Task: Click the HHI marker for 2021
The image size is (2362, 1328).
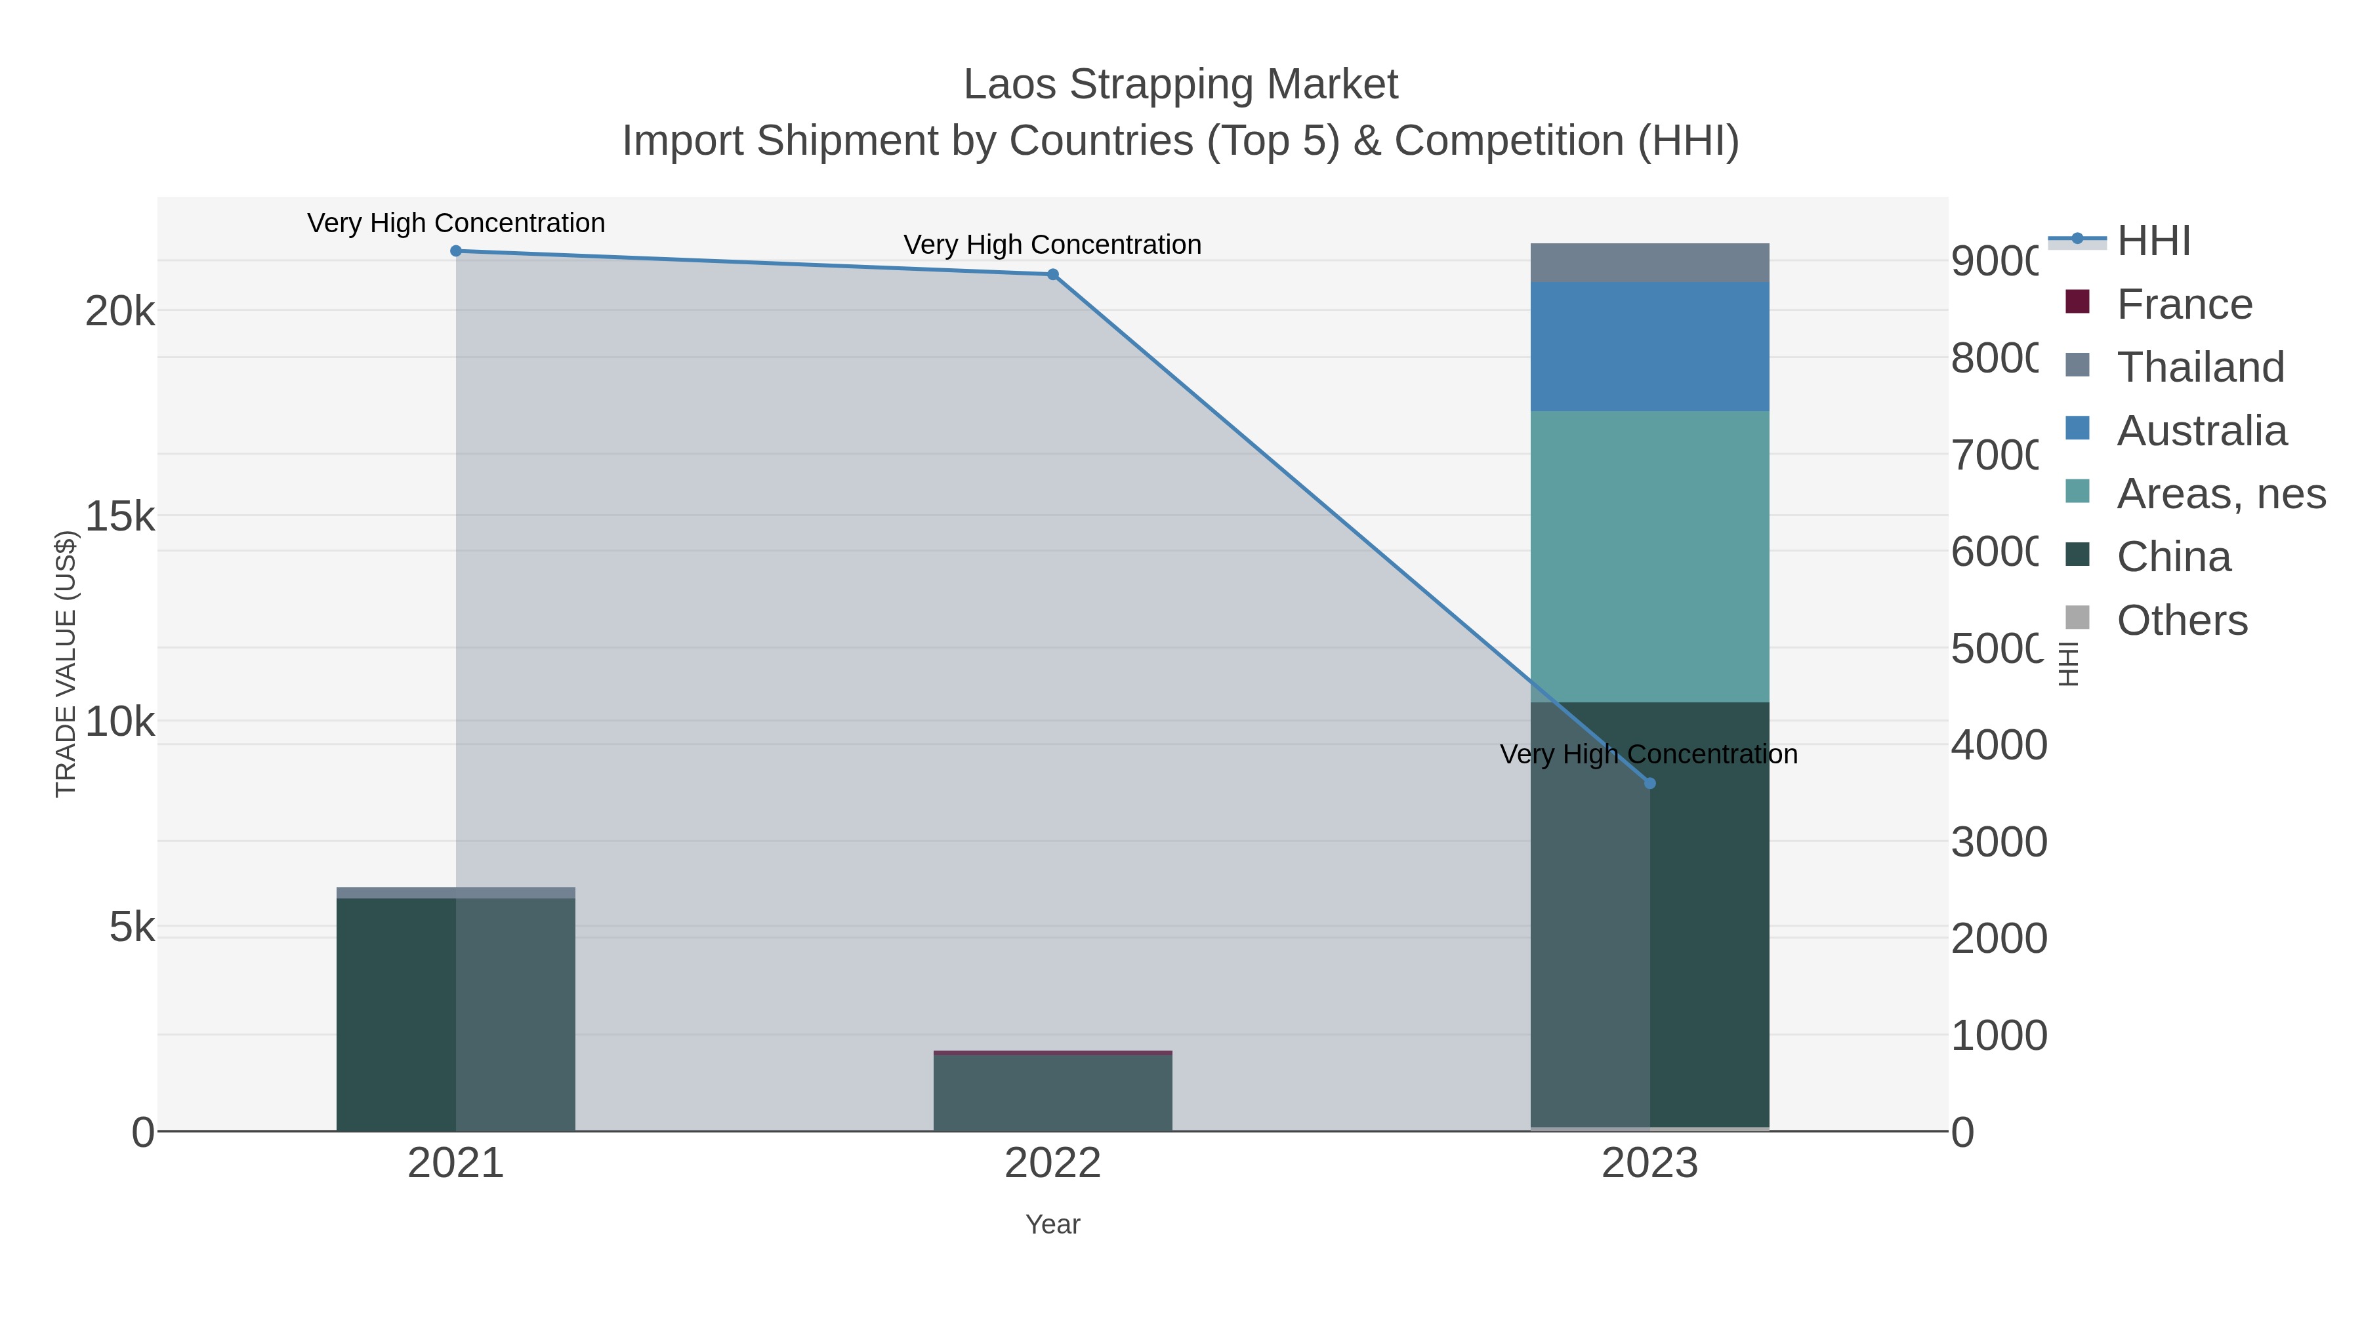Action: click(x=456, y=251)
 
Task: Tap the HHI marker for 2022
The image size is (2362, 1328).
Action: click(x=1052, y=275)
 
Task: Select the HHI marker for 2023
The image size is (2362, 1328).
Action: click(x=1649, y=784)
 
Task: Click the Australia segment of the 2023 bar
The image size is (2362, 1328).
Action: click(x=1649, y=346)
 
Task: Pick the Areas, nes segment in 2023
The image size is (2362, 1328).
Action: click(x=1649, y=556)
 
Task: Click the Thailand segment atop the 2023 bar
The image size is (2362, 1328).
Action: click(x=1649, y=263)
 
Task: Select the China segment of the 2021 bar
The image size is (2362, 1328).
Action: click(x=456, y=1013)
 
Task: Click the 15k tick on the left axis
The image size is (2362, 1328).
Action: click(x=120, y=517)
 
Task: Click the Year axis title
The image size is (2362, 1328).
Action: click(x=1052, y=1224)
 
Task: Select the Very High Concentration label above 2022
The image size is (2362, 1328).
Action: click(x=1052, y=245)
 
